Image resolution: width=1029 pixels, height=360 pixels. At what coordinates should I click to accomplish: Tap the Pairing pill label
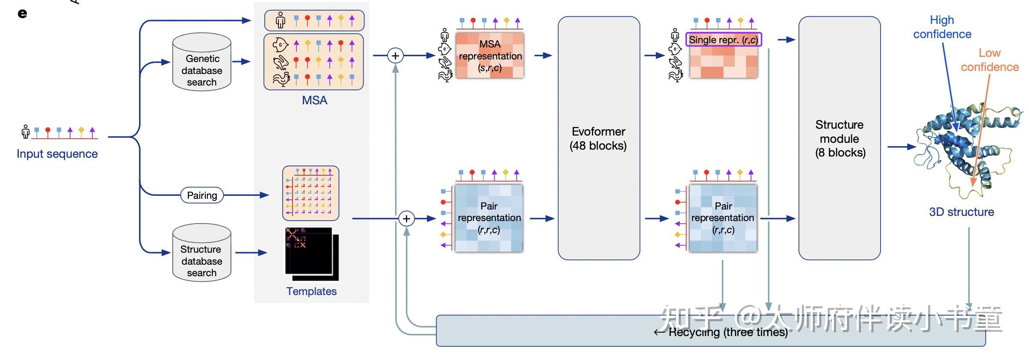tap(202, 195)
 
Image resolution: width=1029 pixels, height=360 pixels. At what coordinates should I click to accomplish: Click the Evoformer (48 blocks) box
tap(599, 138)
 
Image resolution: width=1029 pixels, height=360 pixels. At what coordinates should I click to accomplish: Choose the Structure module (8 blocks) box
tap(840, 138)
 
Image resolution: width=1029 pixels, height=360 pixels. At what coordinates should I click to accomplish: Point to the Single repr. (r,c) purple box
tap(724, 40)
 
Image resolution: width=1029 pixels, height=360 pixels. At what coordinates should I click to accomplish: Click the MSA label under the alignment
tap(314, 100)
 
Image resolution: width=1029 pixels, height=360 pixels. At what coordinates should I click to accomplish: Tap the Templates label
tap(311, 291)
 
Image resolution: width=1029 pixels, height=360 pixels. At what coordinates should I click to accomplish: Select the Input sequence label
tap(57, 154)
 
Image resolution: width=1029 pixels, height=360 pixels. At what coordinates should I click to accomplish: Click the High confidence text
tap(942, 27)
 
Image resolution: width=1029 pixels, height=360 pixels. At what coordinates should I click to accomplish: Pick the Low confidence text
tap(990, 60)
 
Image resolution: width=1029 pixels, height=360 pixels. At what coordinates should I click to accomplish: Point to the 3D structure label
tap(961, 212)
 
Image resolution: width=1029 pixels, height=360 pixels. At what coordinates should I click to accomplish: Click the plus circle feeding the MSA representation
tap(396, 56)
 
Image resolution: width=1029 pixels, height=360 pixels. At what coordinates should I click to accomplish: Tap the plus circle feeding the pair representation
tap(406, 219)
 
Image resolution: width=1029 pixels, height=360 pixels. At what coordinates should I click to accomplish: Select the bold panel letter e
tap(22, 14)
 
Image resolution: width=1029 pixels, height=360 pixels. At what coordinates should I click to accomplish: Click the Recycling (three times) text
tap(727, 332)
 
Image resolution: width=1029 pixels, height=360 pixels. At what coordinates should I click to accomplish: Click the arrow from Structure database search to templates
tap(251, 253)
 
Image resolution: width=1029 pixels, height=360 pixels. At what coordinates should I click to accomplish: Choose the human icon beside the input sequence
tap(25, 132)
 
